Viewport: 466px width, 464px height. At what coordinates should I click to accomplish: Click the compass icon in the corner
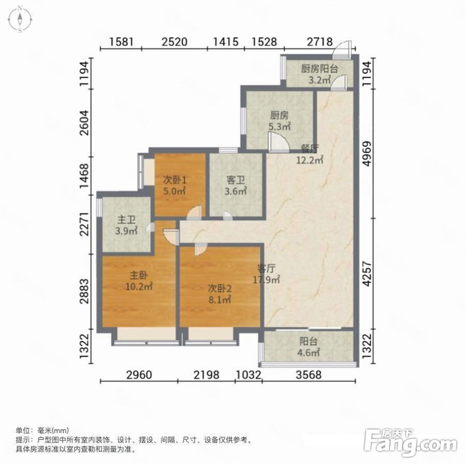click(x=20, y=19)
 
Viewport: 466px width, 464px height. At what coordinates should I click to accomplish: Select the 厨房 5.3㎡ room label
click(x=280, y=121)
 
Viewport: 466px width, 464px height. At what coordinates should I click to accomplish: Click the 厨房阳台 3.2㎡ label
click(x=319, y=74)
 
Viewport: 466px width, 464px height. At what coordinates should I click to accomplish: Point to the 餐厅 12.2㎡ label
click(x=309, y=154)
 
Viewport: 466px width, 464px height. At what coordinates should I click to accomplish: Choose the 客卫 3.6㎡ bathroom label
click(x=236, y=186)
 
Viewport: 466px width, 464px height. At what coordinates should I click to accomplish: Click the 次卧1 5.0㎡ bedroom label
click(x=175, y=185)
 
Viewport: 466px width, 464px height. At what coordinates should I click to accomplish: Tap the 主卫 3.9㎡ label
click(x=126, y=225)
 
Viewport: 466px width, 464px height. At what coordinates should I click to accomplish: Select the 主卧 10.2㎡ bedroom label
click(x=139, y=281)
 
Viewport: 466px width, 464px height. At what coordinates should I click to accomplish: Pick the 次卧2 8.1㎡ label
click(x=219, y=294)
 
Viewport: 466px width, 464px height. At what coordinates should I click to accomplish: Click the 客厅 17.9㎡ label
click(x=266, y=274)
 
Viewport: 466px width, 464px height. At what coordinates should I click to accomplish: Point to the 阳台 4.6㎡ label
click(x=308, y=347)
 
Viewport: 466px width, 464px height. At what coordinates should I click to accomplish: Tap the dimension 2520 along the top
click(x=175, y=42)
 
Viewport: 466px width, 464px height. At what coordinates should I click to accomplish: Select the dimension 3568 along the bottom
click(x=309, y=374)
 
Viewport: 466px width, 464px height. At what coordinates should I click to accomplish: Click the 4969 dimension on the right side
click(x=368, y=154)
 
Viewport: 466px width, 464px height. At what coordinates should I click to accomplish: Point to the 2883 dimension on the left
click(x=84, y=291)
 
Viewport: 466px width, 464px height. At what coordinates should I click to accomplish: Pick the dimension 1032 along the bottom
click(x=249, y=374)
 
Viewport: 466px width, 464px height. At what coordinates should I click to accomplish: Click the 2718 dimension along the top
click(x=320, y=42)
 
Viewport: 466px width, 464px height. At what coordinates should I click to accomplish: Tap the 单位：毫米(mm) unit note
click(x=42, y=430)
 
